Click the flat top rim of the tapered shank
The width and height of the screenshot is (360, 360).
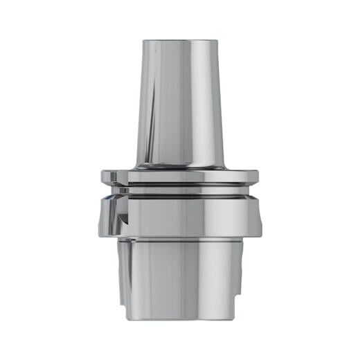coord(179,41)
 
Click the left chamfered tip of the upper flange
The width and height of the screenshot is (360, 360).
coord(104,177)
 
